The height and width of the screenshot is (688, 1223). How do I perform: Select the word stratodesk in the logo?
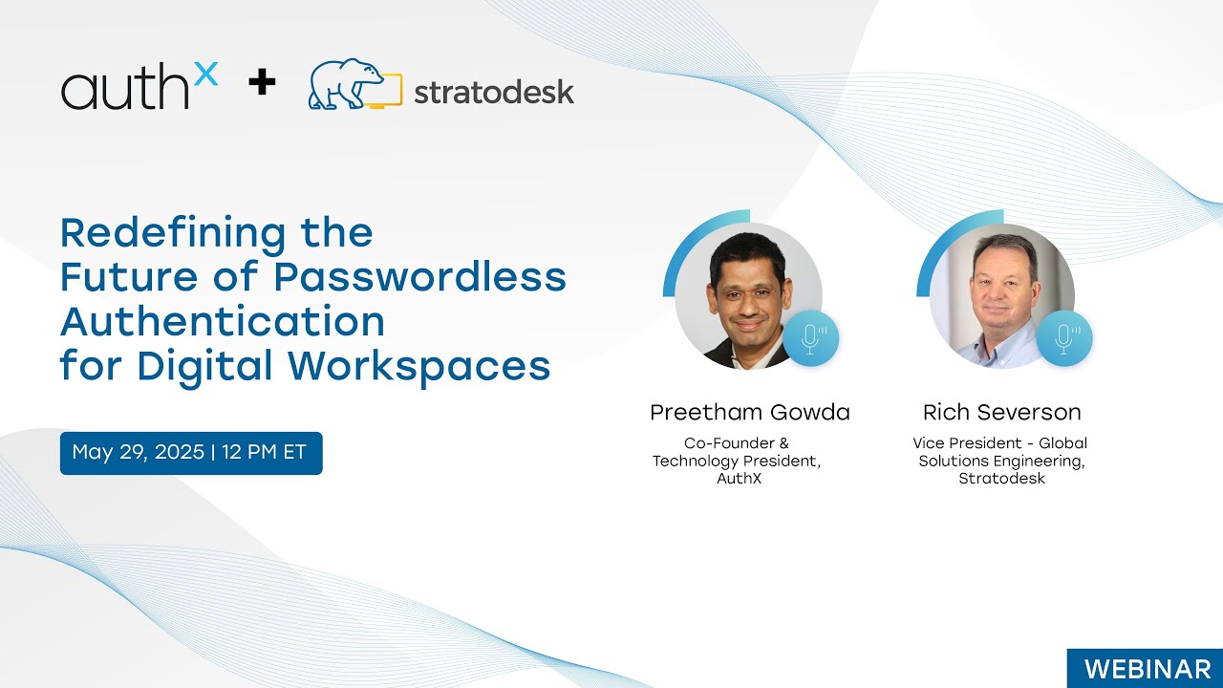click(x=494, y=92)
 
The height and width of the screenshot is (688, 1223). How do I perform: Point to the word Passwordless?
click(x=419, y=277)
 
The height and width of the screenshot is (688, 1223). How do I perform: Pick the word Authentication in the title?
click(x=223, y=321)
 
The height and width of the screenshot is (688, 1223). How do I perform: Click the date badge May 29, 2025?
click(x=191, y=453)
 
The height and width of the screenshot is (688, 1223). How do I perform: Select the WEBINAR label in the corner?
click(x=1144, y=668)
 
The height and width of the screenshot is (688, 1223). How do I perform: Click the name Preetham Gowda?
click(x=749, y=413)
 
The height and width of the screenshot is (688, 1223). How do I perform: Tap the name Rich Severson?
click(x=1001, y=413)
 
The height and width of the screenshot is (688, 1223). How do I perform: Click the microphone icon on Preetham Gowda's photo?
click(x=811, y=339)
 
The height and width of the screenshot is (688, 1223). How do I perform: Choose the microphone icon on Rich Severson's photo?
click(x=1064, y=339)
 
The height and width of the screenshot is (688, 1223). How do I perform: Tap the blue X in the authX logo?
click(x=205, y=72)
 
